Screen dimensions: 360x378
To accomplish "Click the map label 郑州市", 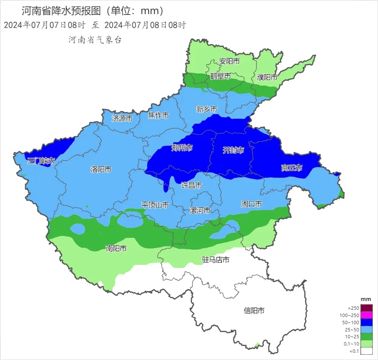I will pyautogui.click(x=182, y=148).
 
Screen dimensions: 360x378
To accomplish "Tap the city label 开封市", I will pyautogui.click(x=233, y=150).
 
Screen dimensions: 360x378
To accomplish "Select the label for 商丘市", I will pyautogui.click(x=292, y=168).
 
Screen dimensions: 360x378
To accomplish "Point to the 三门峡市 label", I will pyautogui.click(x=41, y=161).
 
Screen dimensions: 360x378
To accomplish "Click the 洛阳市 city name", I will pyautogui.click(x=101, y=169).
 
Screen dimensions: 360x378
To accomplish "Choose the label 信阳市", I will pyautogui.click(x=254, y=311).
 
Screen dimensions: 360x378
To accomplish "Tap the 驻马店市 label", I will pyautogui.click(x=215, y=260).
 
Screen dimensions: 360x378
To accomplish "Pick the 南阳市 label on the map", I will pyautogui.click(x=116, y=248).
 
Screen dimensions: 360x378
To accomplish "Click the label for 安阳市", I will pyautogui.click(x=229, y=61).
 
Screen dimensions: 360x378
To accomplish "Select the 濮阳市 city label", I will pyautogui.click(x=267, y=77).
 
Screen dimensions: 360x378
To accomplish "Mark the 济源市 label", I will pyautogui.click(x=122, y=118).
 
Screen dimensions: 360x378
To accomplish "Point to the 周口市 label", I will pyautogui.click(x=251, y=204).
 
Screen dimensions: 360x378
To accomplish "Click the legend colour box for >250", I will pyautogui.click(x=366, y=308).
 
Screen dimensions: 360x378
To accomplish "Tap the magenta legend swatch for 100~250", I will pyautogui.click(x=366, y=315).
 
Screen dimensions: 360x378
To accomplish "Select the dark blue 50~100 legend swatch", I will pyautogui.click(x=366, y=322).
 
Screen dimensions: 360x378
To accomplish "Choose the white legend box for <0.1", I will pyautogui.click(x=366, y=351).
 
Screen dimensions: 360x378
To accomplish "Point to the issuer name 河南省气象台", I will pyautogui.click(x=95, y=40).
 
